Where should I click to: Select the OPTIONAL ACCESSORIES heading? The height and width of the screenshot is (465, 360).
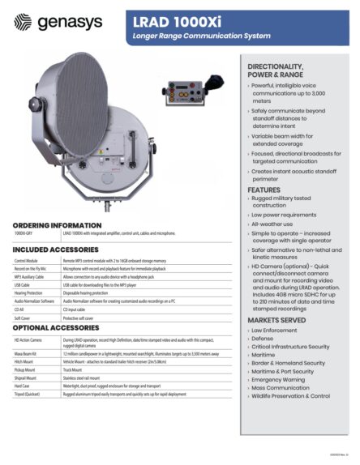[x=56, y=328]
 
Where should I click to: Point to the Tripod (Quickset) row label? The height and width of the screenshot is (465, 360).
[x=29, y=395]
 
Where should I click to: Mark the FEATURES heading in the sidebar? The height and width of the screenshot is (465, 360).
[x=264, y=190]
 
